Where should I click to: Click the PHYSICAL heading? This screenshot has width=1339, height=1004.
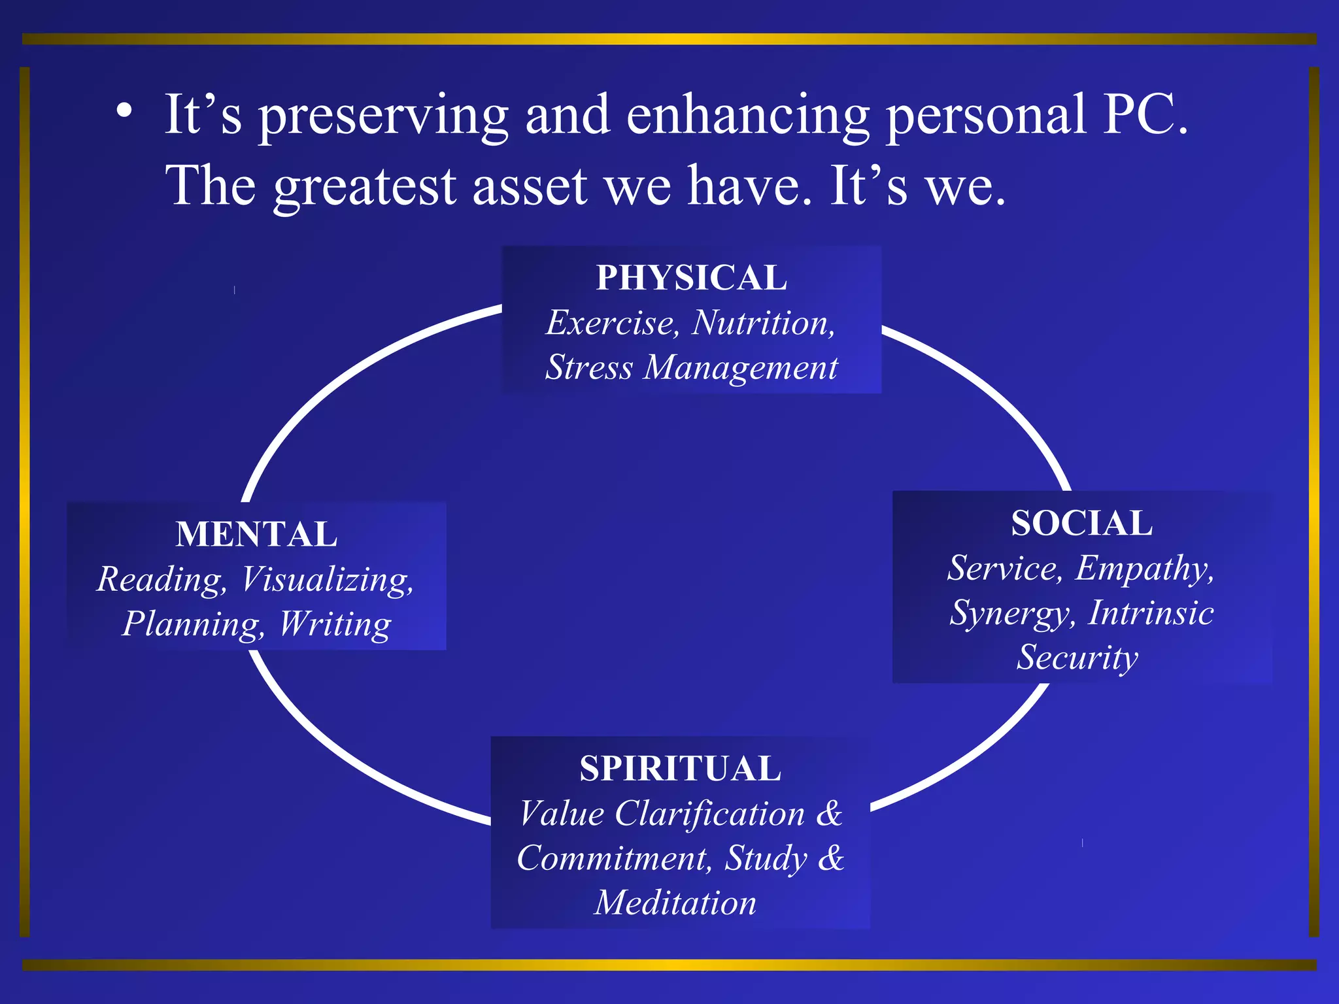tap(691, 278)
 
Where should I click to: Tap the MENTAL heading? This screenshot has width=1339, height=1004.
tap(256, 534)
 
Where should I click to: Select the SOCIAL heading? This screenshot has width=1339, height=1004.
tap(1081, 523)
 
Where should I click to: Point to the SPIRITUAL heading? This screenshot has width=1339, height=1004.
tap(680, 769)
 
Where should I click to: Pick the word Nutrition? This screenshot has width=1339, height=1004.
tap(764, 323)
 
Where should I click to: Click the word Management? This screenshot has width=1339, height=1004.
tap(740, 367)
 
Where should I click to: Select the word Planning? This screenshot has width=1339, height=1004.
tap(194, 624)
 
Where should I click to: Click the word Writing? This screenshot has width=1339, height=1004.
tap(335, 624)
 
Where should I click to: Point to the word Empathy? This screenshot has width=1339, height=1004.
tap(1144, 568)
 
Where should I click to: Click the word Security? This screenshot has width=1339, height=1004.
tap(1077, 658)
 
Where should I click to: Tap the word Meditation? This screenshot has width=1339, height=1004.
tap(675, 903)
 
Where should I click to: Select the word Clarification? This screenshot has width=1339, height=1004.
tap(709, 814)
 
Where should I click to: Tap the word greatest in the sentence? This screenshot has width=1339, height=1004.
tap(365, 186)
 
